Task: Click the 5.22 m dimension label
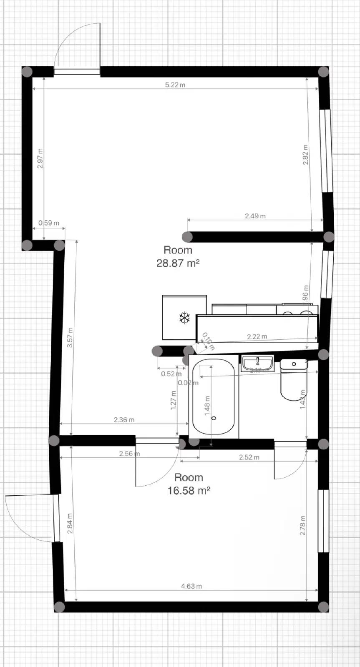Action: [x=175, y=85]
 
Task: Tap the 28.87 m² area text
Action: [x=178, y=263]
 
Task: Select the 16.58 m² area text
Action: [x=189, y=490]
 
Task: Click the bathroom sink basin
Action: [x=257, y=363]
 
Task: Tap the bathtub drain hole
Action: [x=214, y=418]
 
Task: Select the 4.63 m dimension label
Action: [x=191, y=586]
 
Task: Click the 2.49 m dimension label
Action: [x=255, y=216]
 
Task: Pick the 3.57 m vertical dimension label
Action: [x=70, y=338]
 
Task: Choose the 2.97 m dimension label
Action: [x=40, y=158]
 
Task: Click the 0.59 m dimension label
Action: [x=49, y=223]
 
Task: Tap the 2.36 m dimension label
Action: [x=124, y=420]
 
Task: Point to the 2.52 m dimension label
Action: [x=249, y=457]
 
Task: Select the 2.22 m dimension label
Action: [x=257, y=336]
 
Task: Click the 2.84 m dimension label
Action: [x=70, y=524]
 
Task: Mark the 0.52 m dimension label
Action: [x=169, y=374]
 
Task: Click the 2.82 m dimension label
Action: [x=305, y=155]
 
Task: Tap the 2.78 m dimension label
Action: [x=303, y=526]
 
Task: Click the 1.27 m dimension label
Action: [x=174, y=400]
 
